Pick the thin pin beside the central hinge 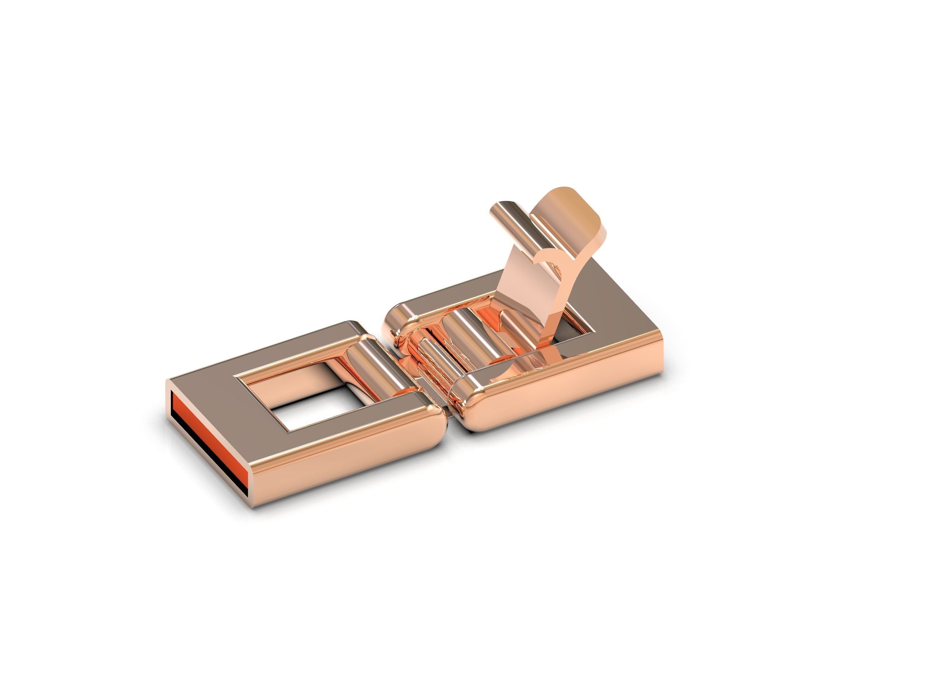435,359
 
